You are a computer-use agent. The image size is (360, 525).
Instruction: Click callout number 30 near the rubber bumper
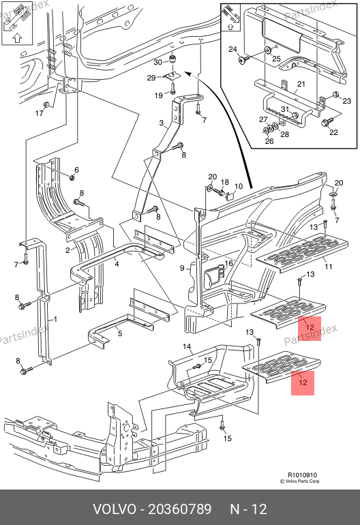(157, 62)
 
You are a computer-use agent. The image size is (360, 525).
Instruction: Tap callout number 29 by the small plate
(151, 78)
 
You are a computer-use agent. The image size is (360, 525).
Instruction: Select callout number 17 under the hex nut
(40, 113)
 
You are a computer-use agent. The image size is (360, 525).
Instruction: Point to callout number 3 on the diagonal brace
(162, 123)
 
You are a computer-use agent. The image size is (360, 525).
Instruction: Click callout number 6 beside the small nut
(76, 170)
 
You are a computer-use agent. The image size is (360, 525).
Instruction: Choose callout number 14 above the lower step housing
(187, 346)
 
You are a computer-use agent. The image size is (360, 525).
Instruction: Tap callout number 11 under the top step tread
(329, 267)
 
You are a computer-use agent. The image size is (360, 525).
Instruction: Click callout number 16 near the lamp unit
(228, 263)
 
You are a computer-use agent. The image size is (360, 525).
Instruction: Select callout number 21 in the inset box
(301, 84)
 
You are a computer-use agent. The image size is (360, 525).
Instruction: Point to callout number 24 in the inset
(233, 49)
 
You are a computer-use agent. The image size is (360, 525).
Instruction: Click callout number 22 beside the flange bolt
(334, 132)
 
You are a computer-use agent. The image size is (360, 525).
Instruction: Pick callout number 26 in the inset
(269, 141)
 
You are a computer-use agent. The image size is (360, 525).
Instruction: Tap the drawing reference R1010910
(302, 475)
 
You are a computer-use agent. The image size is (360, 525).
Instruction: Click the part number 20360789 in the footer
(180, 509)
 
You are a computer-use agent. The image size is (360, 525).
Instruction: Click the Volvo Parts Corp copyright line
(299, 481)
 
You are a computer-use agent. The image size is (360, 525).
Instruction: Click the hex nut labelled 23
(335, 94)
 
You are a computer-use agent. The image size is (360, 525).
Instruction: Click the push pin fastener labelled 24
(243, 60)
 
